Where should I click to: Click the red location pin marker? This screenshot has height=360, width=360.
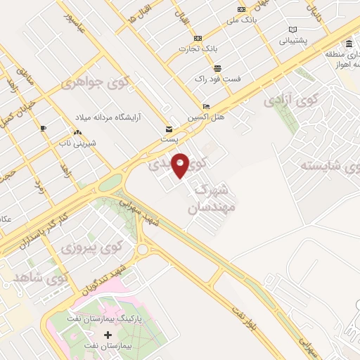[181, 165]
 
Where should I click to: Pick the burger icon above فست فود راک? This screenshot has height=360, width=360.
[217, 68]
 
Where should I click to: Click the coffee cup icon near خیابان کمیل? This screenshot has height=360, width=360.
[44, 127]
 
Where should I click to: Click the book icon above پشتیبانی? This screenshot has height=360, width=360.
[292, 30]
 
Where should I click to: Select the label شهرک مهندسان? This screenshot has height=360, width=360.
[210, 198]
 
